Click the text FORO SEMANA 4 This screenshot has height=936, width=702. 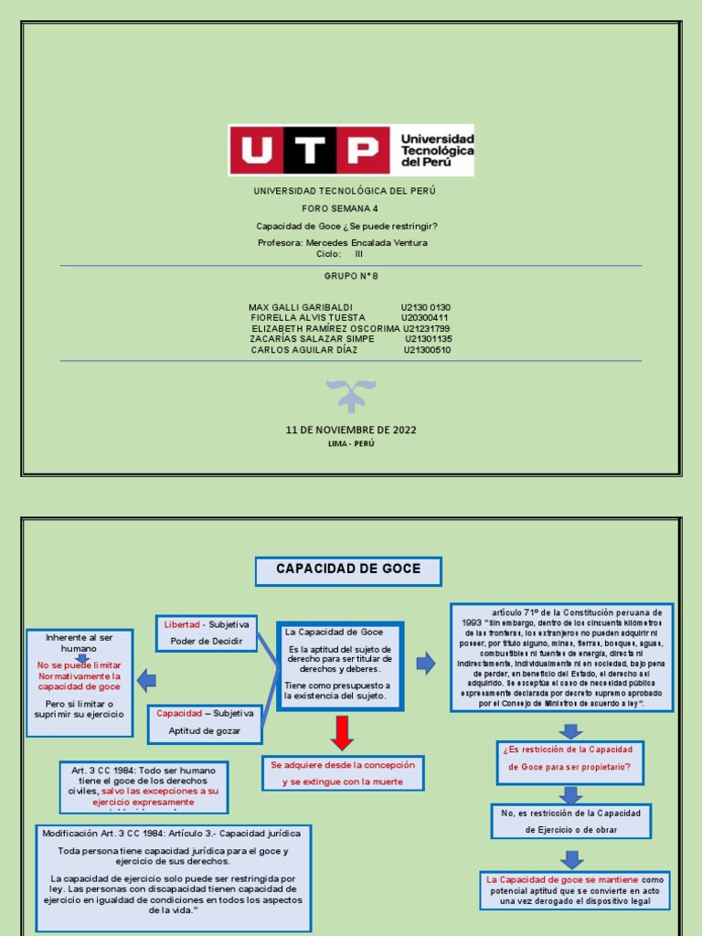click(x=339, y=209)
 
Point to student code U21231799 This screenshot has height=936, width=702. click(x=426, y=328)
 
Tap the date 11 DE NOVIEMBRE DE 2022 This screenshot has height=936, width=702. click(x=351, y=430)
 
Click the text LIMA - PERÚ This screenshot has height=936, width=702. click(x=351, y=443)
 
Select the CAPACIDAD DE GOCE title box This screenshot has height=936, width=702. click(x=348, y=570)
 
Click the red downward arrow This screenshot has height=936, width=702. click(x=342, y=732)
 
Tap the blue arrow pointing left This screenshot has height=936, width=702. click(x=146, y=680)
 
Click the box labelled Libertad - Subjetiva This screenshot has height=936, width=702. click(x=207, y=633)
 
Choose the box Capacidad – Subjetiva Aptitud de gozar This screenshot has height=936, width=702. click(x=205, y=722)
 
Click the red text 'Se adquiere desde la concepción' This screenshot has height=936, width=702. click(x=343, y=773)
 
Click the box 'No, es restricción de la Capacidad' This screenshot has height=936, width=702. click(x=570, y=821)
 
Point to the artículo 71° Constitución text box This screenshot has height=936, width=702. click(x=561, y=656)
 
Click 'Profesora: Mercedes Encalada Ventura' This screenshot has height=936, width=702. click(x=343, y=243)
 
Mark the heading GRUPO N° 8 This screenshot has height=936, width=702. click(x=349, y=275)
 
